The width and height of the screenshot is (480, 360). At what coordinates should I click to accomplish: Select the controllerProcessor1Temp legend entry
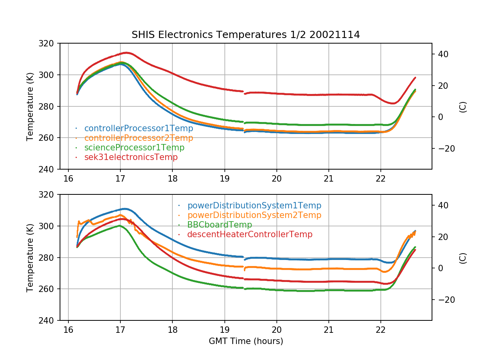point(138,128)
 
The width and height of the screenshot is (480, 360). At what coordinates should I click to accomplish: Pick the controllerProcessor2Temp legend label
point(138,138)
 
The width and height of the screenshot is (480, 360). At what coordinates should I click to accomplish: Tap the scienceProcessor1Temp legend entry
point(134,148)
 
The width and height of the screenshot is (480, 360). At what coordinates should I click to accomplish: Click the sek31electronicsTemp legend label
point(131,157)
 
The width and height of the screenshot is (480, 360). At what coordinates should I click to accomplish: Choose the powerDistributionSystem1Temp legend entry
point(254,206)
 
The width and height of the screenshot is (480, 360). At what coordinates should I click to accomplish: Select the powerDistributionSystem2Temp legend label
point(254,215)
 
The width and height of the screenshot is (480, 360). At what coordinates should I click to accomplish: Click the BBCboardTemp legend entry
point(220,225)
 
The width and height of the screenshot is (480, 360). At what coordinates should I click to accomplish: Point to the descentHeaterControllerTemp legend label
point(250,234)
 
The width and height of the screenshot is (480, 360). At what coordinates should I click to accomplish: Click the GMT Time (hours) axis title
point(246,341)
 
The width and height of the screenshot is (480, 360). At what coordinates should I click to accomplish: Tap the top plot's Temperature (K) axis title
point(30,106)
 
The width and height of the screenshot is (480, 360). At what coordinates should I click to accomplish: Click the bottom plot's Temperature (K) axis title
point(30,257)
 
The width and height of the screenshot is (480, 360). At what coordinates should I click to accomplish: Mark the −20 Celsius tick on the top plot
point(445,148)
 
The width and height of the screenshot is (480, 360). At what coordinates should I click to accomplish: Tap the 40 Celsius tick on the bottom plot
point(442,205)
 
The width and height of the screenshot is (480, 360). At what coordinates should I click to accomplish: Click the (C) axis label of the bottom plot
point(463,258)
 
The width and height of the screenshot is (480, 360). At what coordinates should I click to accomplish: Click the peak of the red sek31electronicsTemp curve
point(126,52)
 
